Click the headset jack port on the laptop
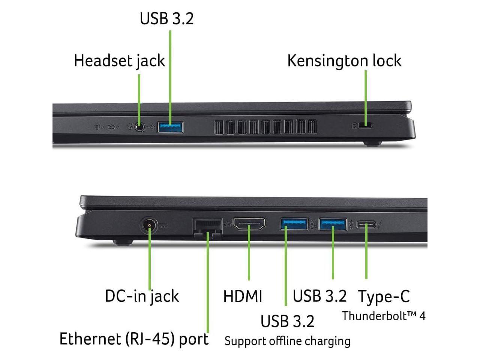[139, 127]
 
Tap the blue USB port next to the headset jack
[170, 127]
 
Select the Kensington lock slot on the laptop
[365, 125]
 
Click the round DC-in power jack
[150, 226]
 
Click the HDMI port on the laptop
[249, 224]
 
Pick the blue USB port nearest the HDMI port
[294, 224]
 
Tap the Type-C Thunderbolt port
[366, 225]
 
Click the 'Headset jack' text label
[119, 61]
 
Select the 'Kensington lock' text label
[344, 61]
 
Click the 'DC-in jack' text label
[142, 296]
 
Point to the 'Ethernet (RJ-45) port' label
[134, 339]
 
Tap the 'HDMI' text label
[243, 296]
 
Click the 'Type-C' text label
[384, 297]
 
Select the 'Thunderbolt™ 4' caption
[384, 316]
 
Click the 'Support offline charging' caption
[287, 341]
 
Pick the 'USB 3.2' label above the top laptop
[166, 19]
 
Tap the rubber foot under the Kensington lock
[372, 143]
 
